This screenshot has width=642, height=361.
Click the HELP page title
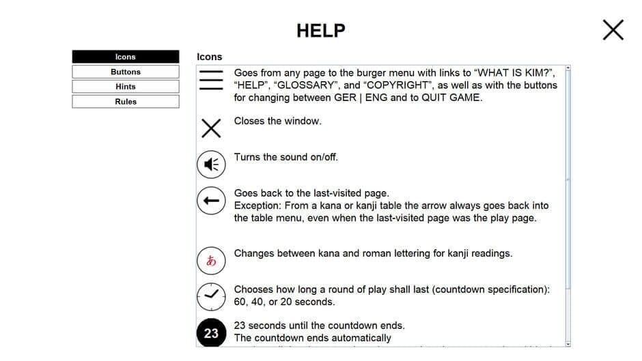pos(320,31)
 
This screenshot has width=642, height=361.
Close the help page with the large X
pos(613,29)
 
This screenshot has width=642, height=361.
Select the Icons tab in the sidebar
pos(126,57)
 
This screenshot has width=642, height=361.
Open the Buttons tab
pos(126,72)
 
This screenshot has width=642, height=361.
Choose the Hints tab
pos(126,87)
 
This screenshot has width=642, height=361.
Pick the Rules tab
pos(126,102)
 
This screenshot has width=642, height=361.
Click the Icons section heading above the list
pos(209,57)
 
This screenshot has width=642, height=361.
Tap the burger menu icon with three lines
pos(211,80)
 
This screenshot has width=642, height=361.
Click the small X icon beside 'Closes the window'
pos(211,128)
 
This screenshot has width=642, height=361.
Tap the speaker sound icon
pos(211,164)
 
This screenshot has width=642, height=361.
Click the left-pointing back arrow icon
pos(211,200)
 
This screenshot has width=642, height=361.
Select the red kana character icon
pos(211,260)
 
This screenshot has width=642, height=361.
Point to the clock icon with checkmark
pos(211,294)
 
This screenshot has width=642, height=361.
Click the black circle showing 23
pos(211,333)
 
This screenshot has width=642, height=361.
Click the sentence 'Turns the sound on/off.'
pos(285,157)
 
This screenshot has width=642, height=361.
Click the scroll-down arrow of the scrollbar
pos(568,344)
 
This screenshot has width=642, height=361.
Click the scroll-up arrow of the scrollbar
pos(568,68)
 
